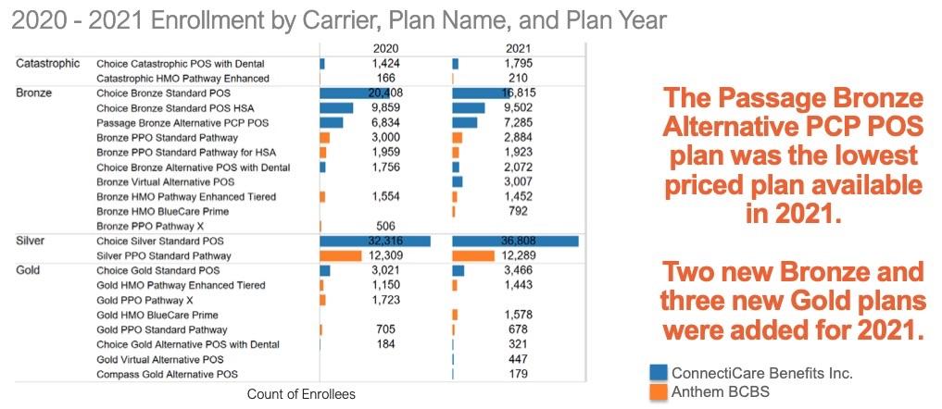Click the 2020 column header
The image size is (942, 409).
pyautogui.click(x=384, y=48)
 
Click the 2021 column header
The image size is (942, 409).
pyautogui.click(x=518, y=48)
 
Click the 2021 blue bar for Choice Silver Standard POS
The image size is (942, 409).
pyautogui.click(x=515, y=241)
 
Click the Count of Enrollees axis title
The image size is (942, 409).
pyautogui.click(x=301, y=394)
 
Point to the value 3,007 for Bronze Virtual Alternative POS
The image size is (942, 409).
pyautogui.click(x=518, y=182)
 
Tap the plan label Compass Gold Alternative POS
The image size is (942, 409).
pyautogui.click(x=167, y=375)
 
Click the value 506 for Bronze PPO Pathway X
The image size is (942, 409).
pyautogui.click(x=384, y=226)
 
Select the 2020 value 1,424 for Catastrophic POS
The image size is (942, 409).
pyautogui.click(x=384, y=63)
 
